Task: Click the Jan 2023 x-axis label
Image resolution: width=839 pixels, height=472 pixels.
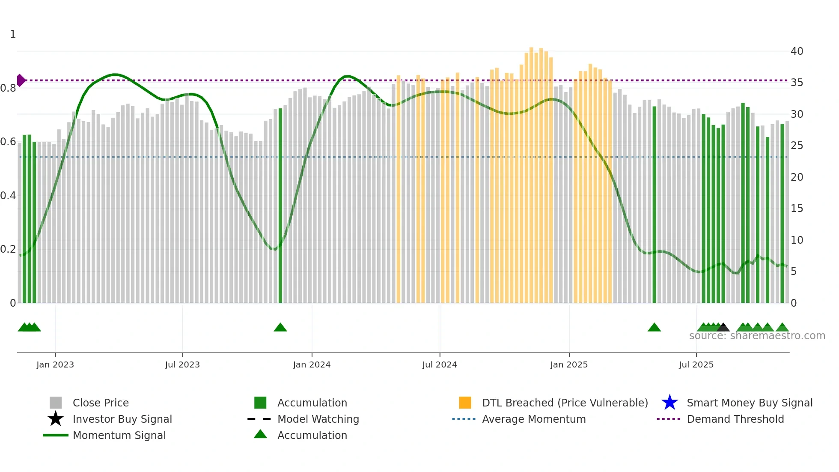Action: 55,364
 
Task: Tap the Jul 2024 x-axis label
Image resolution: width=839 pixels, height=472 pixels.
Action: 440,364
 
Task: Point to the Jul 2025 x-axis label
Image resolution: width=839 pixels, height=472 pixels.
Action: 696,364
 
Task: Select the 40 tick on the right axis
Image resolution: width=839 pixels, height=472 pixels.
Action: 797,51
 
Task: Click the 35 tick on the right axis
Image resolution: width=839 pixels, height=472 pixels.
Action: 797,83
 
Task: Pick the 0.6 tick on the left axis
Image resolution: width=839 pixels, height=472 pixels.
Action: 8,142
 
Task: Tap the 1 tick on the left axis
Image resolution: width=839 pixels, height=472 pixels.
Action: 13,34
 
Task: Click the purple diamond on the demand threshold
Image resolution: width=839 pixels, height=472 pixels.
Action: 21,80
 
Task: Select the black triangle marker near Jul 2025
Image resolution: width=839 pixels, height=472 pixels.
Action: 723,328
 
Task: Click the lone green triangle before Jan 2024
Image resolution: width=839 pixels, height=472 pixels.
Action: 280,328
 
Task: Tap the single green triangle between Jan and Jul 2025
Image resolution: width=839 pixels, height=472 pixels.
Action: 654,328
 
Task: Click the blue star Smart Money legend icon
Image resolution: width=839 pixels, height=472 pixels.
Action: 669,403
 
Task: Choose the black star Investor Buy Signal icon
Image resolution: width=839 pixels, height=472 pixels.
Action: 56,419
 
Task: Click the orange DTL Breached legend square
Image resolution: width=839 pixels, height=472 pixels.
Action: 465,403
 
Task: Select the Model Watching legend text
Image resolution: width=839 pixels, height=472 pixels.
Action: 318,419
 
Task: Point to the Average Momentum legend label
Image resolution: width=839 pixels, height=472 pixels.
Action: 534,419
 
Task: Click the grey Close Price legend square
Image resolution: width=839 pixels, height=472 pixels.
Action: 56,403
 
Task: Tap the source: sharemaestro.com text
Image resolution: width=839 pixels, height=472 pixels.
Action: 757,336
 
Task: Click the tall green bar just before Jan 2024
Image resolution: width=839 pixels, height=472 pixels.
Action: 280,206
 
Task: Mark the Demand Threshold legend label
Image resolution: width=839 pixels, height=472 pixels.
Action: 735,419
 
